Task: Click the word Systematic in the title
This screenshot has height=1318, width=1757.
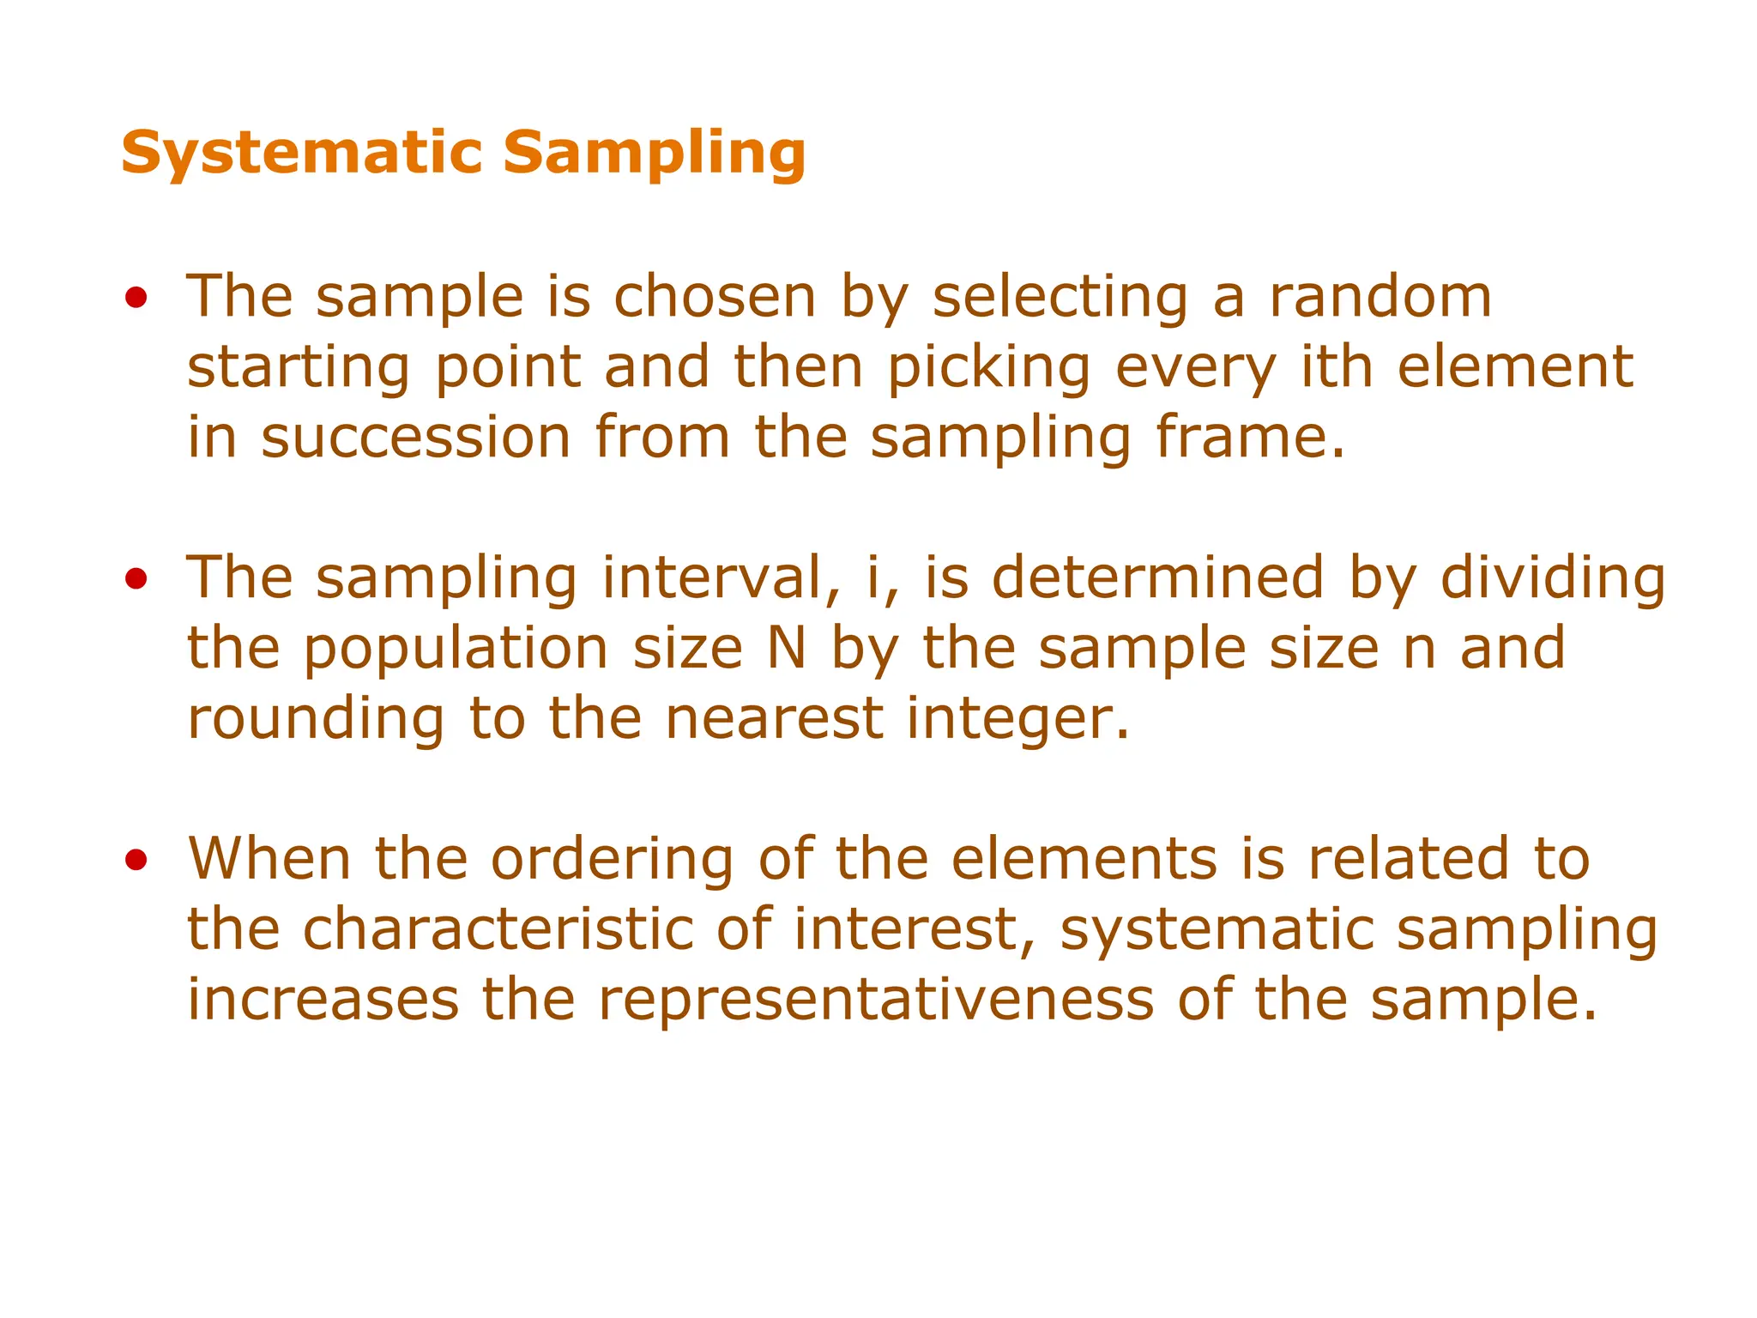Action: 302,152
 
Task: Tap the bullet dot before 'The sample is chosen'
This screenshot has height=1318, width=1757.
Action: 136,298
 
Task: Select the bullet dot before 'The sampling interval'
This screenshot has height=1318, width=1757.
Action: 136,579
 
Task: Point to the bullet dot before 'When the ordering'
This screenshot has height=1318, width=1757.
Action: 136,860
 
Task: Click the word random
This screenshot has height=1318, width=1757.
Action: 1380,297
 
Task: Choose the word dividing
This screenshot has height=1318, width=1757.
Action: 1553,579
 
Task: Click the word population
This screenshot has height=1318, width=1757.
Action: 456,650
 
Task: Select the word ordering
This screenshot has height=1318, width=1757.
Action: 612,860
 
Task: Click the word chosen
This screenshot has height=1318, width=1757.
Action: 715,297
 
